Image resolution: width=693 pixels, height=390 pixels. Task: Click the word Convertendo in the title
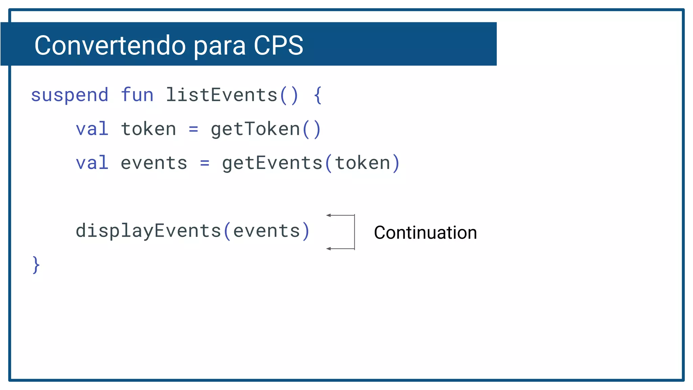point(110,45)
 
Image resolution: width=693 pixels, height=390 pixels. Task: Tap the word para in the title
point(220,46)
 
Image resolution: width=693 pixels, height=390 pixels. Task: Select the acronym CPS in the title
point(278,45)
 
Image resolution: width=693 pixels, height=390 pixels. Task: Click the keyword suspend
point(70,95)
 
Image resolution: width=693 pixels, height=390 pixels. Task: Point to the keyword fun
point(137,95)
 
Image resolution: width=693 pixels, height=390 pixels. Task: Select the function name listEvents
point(222,95)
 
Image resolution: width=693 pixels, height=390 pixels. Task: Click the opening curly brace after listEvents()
point(317,95)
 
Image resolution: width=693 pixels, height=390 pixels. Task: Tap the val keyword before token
point(92,129)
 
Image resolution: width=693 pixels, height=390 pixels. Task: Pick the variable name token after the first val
point(149,129)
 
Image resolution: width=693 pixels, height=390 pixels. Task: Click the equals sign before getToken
point(194,129)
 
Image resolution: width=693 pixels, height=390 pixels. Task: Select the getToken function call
point(255,129)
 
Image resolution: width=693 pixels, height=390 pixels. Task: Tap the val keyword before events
point(92,163)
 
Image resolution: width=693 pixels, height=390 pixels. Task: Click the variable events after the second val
point(154,163)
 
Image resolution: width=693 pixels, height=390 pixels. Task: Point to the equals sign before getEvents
point(205,163)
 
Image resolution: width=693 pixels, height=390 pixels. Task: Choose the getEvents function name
point(272,163)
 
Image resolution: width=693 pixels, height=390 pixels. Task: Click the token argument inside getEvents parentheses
point(363,163)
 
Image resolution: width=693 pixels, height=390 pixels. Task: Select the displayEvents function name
point(149,231)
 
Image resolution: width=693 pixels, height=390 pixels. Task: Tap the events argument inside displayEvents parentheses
point(267,231)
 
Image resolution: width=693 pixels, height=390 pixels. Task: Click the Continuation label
point(425,233)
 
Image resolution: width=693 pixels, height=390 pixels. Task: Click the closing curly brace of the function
point(36,265)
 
